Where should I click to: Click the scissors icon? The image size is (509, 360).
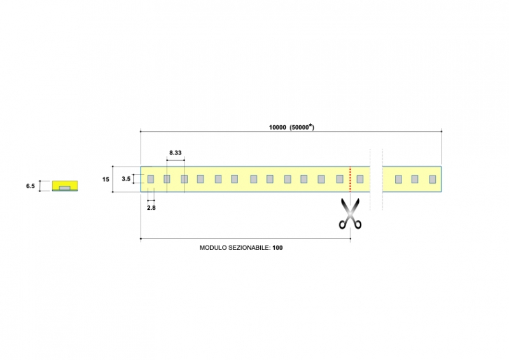click(350, 214)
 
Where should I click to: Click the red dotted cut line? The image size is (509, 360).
click(351, 179)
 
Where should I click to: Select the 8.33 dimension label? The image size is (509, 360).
click(176, 153)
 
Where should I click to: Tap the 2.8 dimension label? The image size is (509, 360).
click(151, 208)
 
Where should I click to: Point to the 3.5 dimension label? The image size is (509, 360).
click(126, 179)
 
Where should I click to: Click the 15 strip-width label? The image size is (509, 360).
click(106, 179)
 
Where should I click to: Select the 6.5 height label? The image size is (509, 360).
click(30, 186)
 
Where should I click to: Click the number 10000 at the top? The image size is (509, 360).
click(277, 127)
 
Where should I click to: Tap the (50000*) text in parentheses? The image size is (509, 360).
click(303, 127)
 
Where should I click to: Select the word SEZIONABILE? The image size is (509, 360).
click(249, 248)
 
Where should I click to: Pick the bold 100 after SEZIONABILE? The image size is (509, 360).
click(277, 248)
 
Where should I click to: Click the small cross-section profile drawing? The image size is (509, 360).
click(64, 186)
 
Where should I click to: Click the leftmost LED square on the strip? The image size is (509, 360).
click(151, 179)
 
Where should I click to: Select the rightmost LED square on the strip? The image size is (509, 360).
click(432, 179)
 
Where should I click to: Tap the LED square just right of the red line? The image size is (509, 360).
click(359, 179)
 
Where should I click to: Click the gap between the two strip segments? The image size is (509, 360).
click(375, 179)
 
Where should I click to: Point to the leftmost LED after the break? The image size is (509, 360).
click(398, 179)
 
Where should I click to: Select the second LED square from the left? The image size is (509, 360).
click(167, 179)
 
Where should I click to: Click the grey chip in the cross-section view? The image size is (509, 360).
click(64, 188)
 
